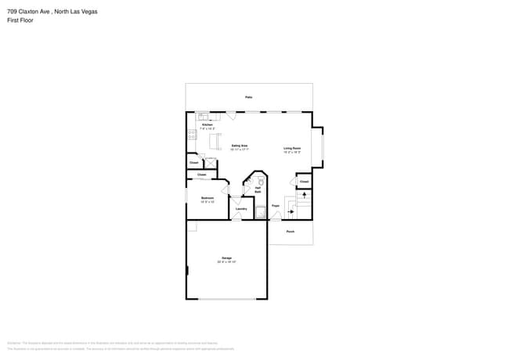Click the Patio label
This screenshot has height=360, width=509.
[248, 97]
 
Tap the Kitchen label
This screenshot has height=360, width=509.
[208, 125]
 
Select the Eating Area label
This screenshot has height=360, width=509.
[239, 146]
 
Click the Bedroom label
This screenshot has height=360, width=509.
[207, 198]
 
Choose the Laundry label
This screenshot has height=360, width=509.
[241, 209]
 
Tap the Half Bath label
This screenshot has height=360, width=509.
[258, 189]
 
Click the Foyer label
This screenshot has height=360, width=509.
[276, 206]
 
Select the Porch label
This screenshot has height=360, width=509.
[290, 232]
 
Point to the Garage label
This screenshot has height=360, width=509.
[226, 257]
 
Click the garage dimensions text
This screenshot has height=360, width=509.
[226, 262]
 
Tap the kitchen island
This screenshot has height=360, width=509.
[214, 141]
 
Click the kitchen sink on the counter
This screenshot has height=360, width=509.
[204, 117]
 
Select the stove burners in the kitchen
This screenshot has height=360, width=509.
[191, 137]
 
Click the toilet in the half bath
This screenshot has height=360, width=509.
[260, 181]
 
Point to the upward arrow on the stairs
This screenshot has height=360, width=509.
[304, 194]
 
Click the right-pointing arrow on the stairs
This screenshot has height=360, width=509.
[291, 211]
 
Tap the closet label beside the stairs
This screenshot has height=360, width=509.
[304, 182]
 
